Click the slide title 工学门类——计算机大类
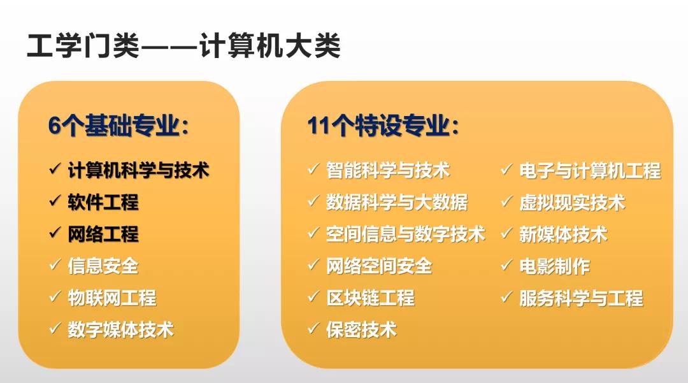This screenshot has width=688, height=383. click(184, 45)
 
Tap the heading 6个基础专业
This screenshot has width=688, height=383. click(118, 126)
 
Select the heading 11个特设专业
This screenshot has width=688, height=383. click(383, 126)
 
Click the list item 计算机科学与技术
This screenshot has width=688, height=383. click(138, 170)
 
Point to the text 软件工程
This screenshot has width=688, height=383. click(103, 202)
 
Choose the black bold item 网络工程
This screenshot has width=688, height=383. click(103, 234)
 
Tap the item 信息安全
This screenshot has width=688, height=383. click(103, 266)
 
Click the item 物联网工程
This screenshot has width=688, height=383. click(112, 298)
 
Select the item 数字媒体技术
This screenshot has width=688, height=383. click(120, 329)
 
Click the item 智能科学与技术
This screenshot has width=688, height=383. click(388, 170)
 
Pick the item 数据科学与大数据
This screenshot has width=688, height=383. click(397, 202)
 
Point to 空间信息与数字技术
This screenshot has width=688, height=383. click(405, 234)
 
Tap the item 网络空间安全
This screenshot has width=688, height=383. click(379, 266)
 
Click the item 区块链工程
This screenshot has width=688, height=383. click(370, 298)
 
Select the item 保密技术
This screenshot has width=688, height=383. click(361, 329)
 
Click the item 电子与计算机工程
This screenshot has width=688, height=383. click(590, 170)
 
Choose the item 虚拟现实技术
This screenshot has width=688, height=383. click(572, 202)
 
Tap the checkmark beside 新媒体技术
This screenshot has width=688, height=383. click(506, 233)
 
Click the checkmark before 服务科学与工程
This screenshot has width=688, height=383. click(506, 296)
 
